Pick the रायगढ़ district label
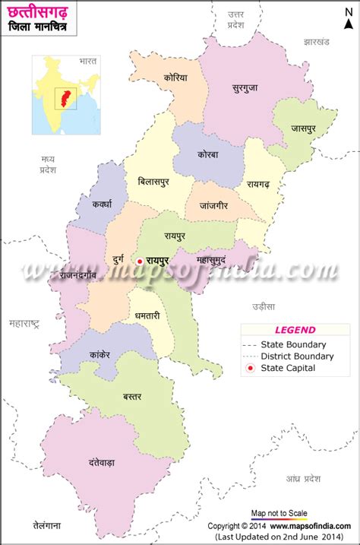pos(264,183)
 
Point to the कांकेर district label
pos(99,354)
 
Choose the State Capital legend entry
pos(287,368)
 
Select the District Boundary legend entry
pos(296,356)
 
